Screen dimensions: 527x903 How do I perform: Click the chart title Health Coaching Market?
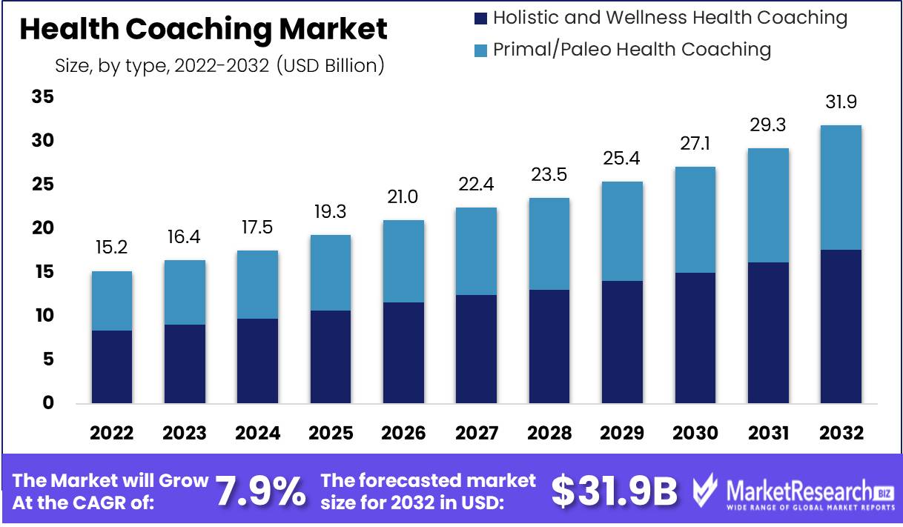[x=203, y=30]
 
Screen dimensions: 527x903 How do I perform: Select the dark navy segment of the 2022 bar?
[x=112, y=366]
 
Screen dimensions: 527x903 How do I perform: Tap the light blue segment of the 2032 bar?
[x=841, y=188]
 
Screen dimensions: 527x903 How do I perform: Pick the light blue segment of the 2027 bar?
[x=477, y=251]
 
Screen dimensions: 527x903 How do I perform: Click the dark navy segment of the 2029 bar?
[x=623, y=342]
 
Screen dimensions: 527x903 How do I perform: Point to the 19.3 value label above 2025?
[x=331, y=211]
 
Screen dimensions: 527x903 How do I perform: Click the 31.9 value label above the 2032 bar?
[x=841, y=102]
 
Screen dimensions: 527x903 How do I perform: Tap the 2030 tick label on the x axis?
[x=695, y=433]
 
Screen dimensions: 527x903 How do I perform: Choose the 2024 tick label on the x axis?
[x=258, y=433]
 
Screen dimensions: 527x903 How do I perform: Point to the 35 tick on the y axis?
[x=43, y=97]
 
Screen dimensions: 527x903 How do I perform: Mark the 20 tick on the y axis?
[x=43, y=228]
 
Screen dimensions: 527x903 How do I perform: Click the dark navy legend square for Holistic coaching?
[x=480, y=18]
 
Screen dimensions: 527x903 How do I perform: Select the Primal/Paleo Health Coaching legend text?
[x=632, y=50]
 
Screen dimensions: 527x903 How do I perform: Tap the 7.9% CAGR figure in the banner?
[x=260, y=491]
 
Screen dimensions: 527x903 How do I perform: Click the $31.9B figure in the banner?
[x=615, y=491]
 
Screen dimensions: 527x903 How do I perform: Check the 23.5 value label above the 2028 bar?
[x=549, y=174]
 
